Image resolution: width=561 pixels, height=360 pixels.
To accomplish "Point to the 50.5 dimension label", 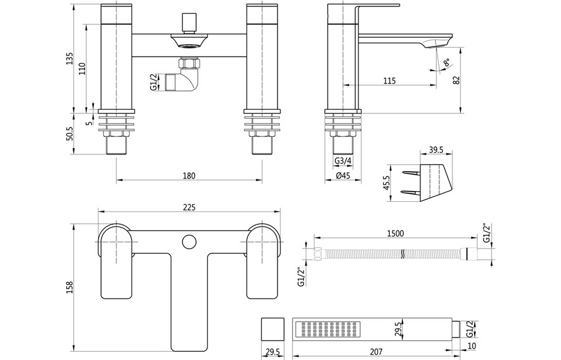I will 70,133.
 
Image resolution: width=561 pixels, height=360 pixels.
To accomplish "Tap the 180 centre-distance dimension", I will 189,175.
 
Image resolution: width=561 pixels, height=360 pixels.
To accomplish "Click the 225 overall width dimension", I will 189,207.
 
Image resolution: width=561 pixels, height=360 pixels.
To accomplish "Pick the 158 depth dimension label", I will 70,287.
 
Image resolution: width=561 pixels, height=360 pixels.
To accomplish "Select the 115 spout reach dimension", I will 389,81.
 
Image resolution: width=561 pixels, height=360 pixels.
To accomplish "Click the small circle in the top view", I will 190,241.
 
